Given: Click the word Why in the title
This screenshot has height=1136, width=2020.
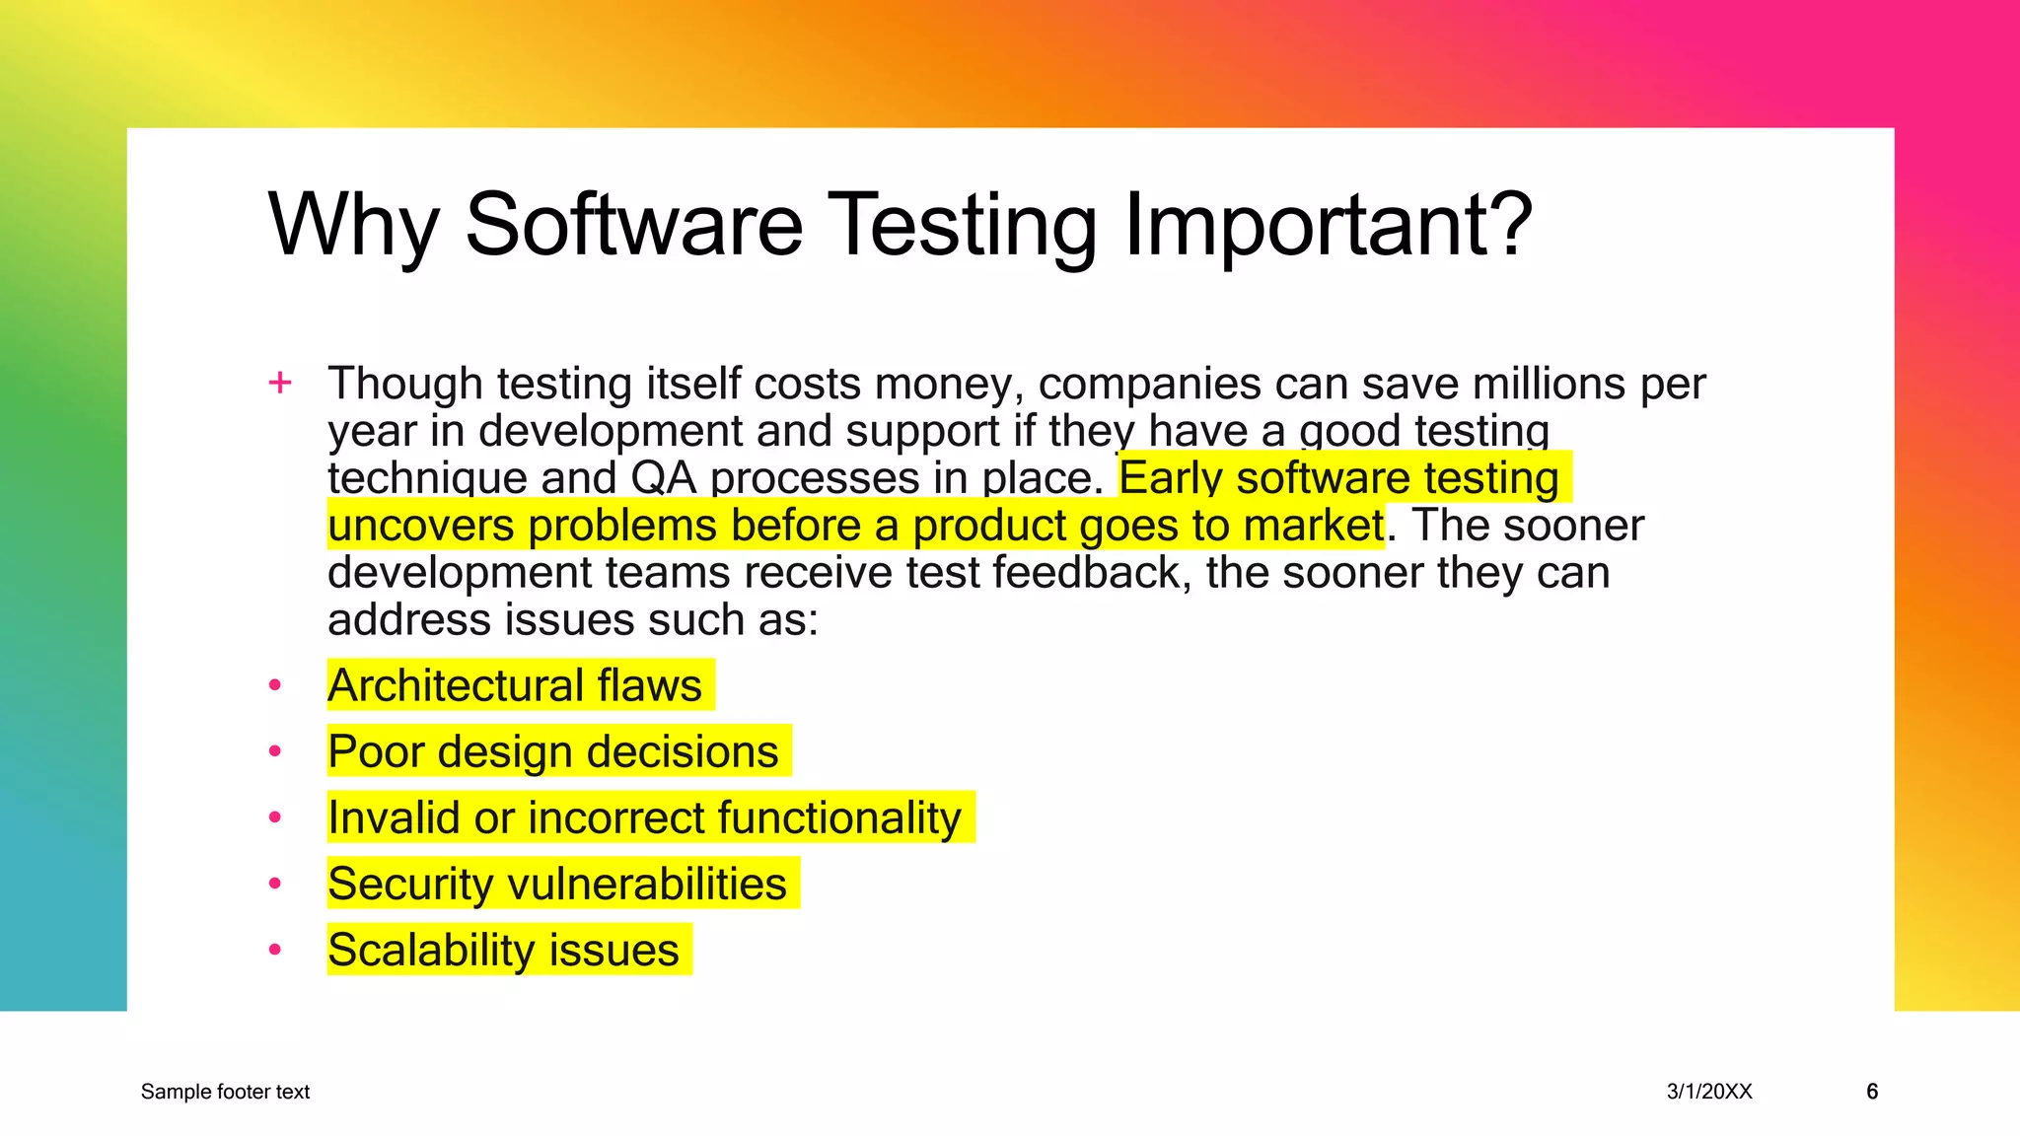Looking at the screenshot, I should [x=352, y=226].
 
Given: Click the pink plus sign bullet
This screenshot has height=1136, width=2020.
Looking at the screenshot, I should [x=280, y=383].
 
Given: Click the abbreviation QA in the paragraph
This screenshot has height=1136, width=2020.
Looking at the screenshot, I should [x=663, y=478].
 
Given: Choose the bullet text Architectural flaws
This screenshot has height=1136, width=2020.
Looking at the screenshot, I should [x=515, y=685].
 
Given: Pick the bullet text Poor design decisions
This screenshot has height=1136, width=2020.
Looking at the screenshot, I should [x=552, y=751].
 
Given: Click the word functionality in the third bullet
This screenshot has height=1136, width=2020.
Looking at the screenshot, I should [x=838, y=817].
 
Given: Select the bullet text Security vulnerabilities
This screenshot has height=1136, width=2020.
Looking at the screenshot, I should [x=557, y=884].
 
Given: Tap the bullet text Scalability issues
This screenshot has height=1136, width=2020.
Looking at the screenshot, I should [x=503, y=950].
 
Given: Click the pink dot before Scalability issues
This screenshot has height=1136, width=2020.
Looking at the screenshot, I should [x=275, y=950].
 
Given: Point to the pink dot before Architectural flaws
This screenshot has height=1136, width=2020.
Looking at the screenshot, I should [x=275, y=685].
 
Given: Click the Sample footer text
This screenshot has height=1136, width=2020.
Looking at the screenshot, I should [x=225, y=1092].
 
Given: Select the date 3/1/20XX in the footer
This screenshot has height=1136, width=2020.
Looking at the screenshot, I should [x=1709, y=1092].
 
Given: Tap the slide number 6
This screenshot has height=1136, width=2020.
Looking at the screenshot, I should [x=1872, y=1092].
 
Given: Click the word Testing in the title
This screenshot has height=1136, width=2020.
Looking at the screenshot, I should [x=962, y=226].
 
